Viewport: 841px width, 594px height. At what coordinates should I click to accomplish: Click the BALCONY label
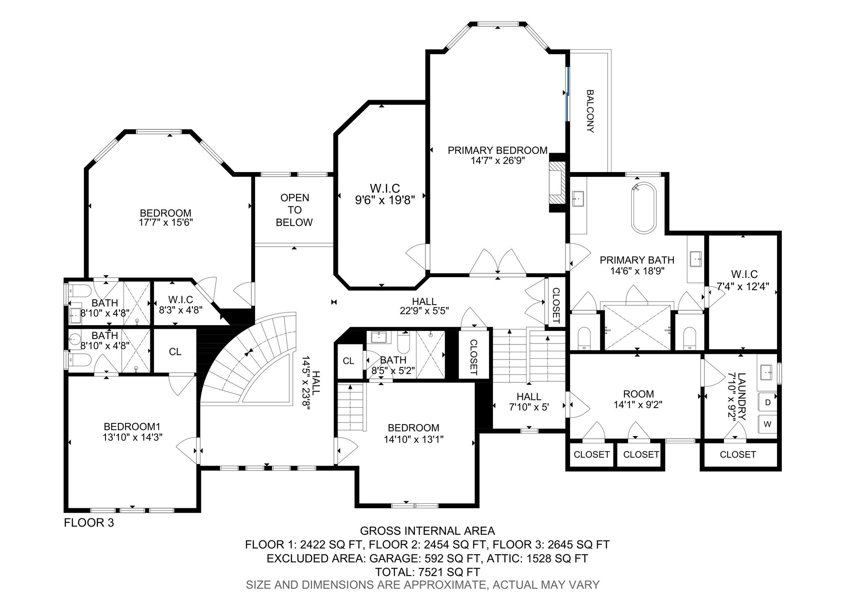click(x=590, y=111)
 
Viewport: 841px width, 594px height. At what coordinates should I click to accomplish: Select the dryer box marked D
click(x=767, y=403)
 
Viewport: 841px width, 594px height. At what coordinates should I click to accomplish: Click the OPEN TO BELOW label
click(x=294, y=210)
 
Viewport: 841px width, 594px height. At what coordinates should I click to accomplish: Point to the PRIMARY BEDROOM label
click(x=498, y=150)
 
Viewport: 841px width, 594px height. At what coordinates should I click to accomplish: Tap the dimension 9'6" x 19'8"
click(x=385, y=200)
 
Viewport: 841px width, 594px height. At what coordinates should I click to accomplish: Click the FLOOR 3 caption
click(x=89, y=523)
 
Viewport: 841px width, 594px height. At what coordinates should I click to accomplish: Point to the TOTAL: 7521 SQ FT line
click(x=427, y=572)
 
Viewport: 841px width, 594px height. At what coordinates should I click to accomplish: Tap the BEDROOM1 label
click(x=133, y=426)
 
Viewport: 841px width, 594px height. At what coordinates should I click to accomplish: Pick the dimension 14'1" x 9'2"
click(x=638, y=404)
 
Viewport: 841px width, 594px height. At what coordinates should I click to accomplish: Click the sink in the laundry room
click(x=767, y=373)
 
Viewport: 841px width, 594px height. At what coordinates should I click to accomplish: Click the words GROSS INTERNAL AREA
click(x=427, y=531)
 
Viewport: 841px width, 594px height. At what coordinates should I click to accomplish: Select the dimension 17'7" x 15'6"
click(x=166, y=222)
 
